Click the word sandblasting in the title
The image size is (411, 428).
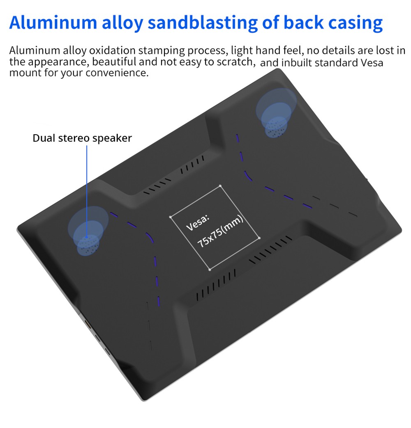(203, 23)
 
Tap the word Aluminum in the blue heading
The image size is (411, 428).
(53, 23)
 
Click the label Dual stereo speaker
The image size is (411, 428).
(82, 138)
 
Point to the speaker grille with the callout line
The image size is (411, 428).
(88, 244)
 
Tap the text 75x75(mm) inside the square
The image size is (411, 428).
(220, 231)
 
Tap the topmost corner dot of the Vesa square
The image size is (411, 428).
(220, 186)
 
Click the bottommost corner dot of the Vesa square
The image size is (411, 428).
(210, 270)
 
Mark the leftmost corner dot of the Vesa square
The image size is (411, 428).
(171, 217)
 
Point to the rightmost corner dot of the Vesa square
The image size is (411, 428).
(259, 238)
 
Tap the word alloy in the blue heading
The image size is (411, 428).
(122, 23)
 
